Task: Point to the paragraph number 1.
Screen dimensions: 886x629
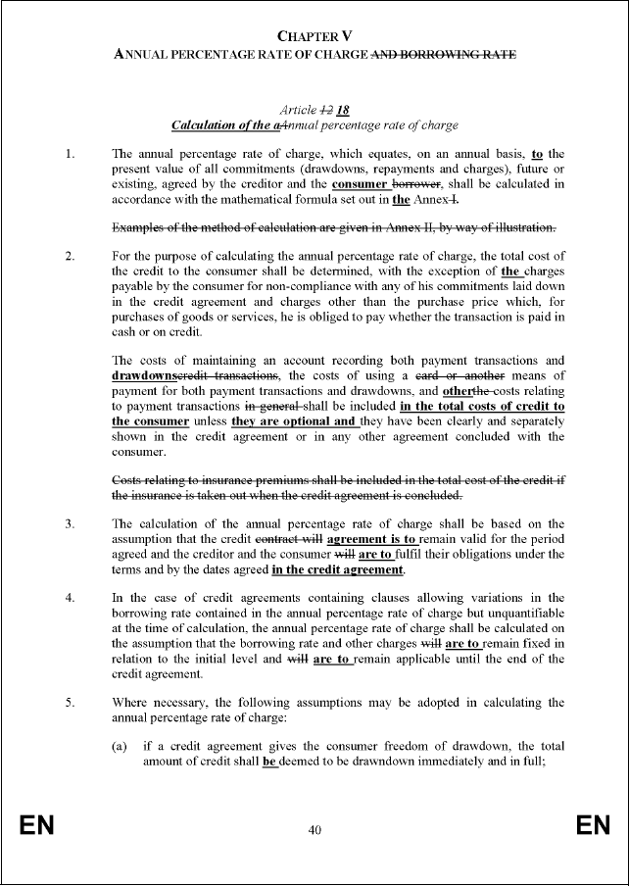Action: pyautogui.click(x=68, y=154)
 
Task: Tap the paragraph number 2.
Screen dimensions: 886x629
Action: pyautogui.click(x=68, y=257)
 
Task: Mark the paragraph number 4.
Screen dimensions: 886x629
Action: pyautogui.click(x=68, y=597)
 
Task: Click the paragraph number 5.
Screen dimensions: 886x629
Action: pyautogui.click(x=68, y=702)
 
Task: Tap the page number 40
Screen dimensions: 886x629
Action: pyautogui.click(x=314, y=830)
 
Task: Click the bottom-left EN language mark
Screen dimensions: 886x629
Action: pyautogui.click(x=37, y=826)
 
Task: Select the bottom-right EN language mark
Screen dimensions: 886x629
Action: pyautogui.click(x=593, y=826)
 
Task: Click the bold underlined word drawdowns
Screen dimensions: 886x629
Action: pyautogui.click(x=143, y=375)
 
